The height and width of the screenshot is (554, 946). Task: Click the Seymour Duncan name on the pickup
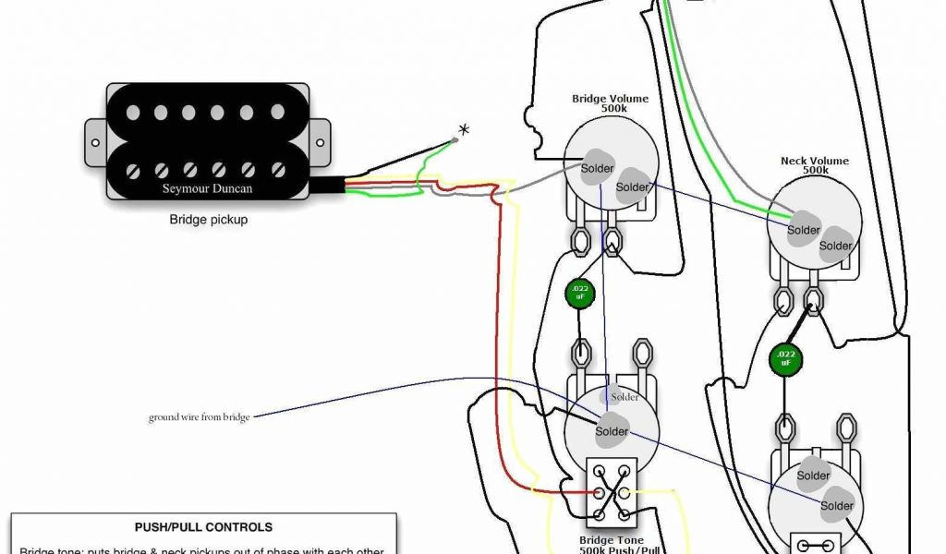click(x=208, y=188)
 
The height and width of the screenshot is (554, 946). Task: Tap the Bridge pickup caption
click(x=208, y=221)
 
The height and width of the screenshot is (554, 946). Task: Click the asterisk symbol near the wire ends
click(x=464, y=130)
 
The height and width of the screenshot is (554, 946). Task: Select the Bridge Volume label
click(x=610, y=99)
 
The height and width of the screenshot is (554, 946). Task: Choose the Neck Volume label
click(x=814, y=161)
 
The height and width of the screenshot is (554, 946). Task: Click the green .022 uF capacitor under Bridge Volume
click(x=580, y=293)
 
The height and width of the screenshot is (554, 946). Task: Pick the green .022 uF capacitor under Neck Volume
click(x=784, y=358)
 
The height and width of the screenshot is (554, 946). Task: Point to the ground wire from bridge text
click(x=199, y=417)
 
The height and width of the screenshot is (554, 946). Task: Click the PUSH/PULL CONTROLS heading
click(x=203, y=527)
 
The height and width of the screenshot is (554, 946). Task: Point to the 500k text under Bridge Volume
click(x=610, y=109)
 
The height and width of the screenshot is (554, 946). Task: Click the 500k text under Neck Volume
click(x=814, y=171)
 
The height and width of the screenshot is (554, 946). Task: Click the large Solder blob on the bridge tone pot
click(x=611, y=431)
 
